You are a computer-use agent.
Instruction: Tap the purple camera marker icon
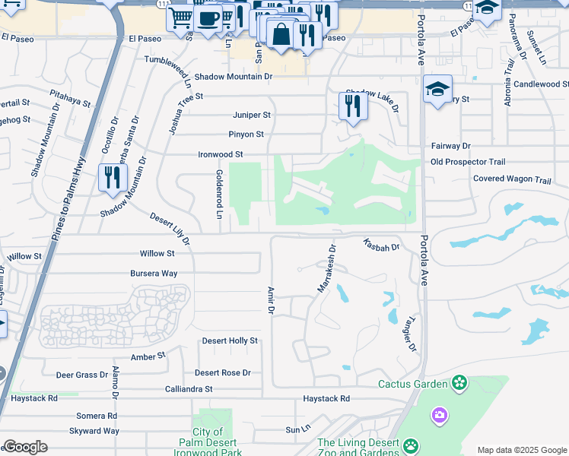439,415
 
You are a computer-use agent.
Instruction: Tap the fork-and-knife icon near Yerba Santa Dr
112,177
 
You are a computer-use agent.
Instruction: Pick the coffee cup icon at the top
208,17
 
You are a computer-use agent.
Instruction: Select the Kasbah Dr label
381,245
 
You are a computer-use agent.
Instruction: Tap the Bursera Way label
154,273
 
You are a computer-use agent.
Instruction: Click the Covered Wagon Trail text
511,180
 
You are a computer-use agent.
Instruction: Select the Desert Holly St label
230,341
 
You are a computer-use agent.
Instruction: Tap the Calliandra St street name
189,389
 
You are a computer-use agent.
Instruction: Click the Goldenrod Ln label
218,195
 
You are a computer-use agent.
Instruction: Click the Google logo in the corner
25,447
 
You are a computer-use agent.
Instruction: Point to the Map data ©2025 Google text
522,450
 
